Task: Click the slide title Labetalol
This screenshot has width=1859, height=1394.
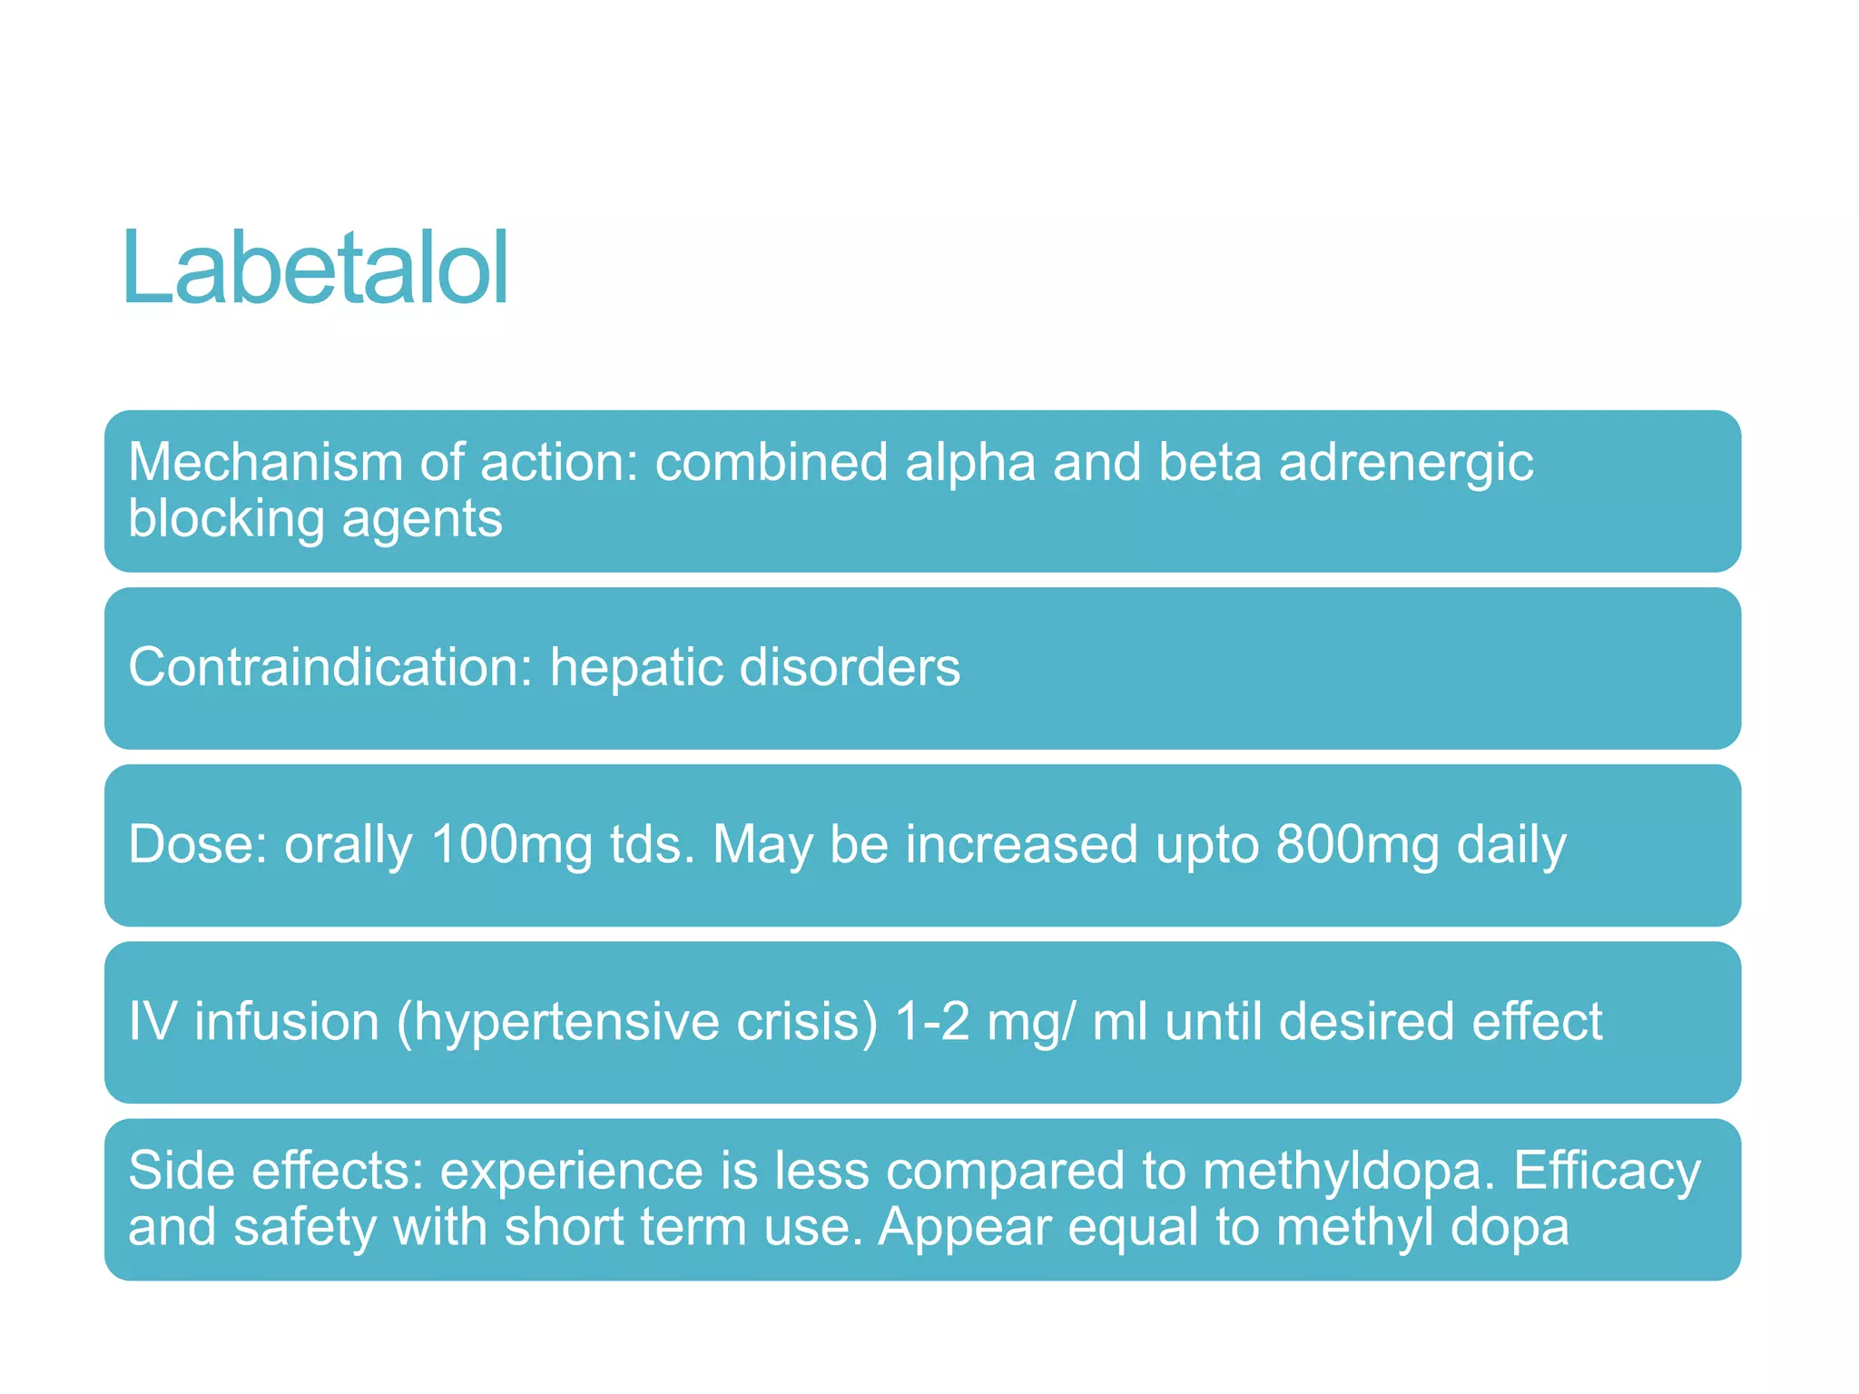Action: coord(315,270)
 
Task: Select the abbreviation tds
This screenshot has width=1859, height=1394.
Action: coord(652,845)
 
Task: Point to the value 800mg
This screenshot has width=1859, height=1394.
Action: coord(1357,845)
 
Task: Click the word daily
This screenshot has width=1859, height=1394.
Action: coord(1511,845)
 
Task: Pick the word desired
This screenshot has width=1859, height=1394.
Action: coord(1366,1022)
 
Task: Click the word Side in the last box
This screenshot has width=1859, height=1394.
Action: coord(181,1171)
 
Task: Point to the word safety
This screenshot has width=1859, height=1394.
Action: coord(304,1227)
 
